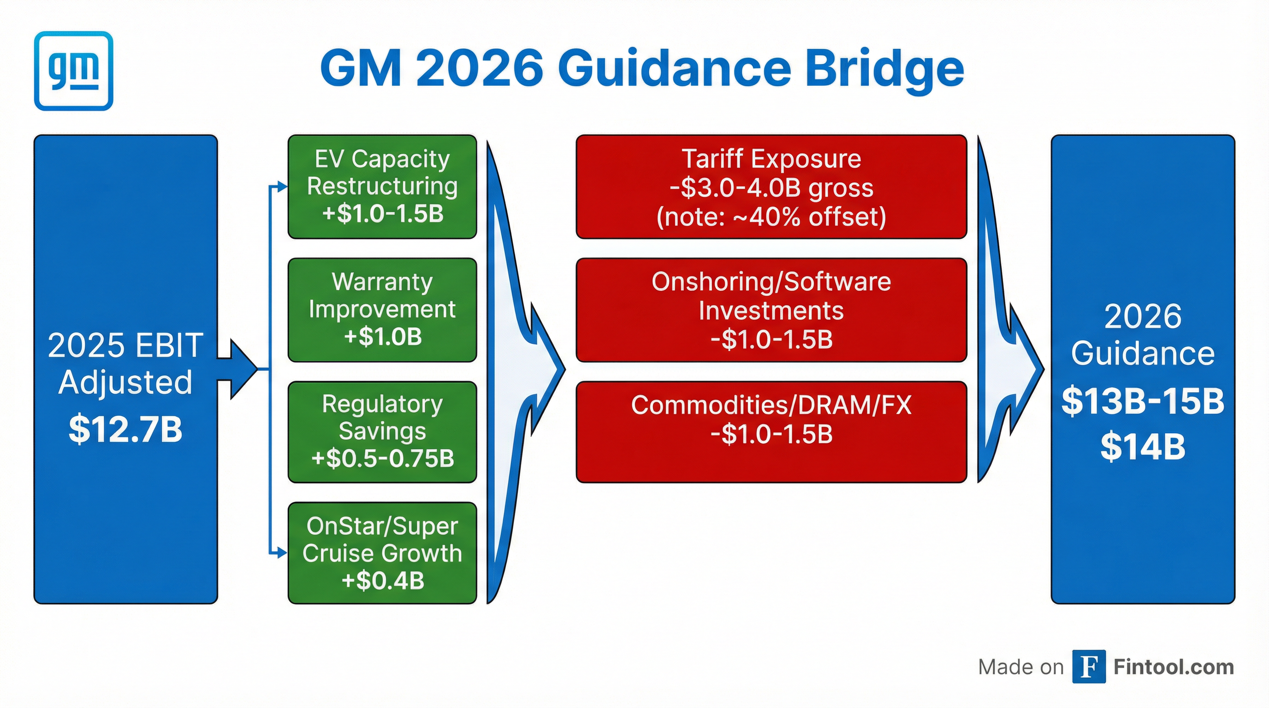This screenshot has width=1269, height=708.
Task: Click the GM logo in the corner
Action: (73, 71)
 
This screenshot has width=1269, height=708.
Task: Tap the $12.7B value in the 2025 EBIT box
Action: (125, 429)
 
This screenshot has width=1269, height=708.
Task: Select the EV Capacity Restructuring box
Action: (382, 187)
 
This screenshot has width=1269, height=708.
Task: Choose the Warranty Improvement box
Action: (382, 310)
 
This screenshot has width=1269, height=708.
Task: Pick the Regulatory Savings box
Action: (382, 431)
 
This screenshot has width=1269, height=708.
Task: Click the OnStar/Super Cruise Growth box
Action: (382, 553)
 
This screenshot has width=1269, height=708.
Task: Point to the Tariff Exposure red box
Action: (771, 187)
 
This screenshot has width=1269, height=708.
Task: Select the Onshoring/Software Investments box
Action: (771, 310)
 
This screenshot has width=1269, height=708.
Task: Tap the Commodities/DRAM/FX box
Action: (771, 431)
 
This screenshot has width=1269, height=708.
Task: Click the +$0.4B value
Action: (383, 580)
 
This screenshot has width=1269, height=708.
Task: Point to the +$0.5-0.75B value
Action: (383, 458)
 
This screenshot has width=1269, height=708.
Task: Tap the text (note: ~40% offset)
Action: (771, 217)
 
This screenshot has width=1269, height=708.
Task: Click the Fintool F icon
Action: (1089, 667)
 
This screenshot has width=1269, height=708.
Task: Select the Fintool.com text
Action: (1174, 667)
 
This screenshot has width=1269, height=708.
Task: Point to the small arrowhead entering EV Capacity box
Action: (282, 187)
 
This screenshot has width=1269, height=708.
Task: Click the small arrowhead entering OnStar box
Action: (282, 554)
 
